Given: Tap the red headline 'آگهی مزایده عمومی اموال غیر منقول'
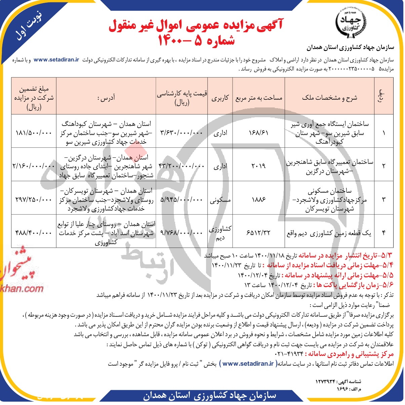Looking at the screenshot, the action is pos(196,26).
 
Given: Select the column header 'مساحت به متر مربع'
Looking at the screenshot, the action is pos(259,98).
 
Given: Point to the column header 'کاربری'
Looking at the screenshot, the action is pos(220,98).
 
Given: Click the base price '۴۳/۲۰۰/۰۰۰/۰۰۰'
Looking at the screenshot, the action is pos(181,166).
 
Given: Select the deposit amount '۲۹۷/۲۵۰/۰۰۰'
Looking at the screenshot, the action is pos(34,199).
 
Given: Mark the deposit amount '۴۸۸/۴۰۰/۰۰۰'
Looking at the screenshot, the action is pos(34,232).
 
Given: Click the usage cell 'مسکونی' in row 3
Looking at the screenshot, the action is pos(220,200).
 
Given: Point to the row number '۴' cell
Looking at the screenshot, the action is pos(383,232).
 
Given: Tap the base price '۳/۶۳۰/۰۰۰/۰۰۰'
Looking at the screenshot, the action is pos(181,133).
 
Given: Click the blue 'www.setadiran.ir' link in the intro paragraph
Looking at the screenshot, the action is pos(56,60).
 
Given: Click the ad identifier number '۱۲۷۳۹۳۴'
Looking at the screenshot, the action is pos(325,381).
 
